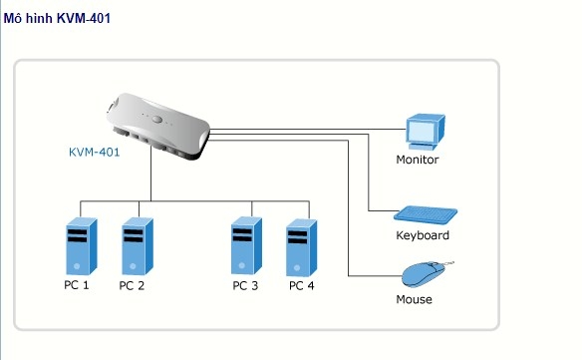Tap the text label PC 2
[x=132, y=285]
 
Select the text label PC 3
[x=245, y=285]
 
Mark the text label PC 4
[x=301, y=285]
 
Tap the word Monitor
[x=417, y=160]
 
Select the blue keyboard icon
[x=426, y=214]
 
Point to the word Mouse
[x=414, y=299]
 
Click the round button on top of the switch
[x=157, y=119]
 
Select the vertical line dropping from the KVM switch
[x=151, y=180]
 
